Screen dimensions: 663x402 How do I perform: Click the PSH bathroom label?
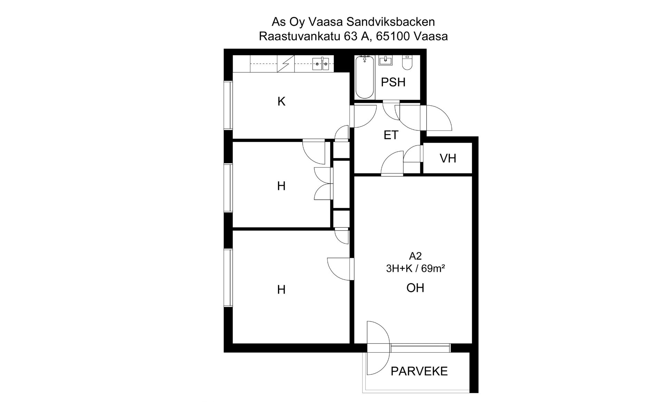(393, 82)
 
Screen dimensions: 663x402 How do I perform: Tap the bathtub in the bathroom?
(364, 77)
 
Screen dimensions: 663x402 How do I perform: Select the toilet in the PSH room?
(407, 63)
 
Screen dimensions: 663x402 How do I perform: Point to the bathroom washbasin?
(385, 61)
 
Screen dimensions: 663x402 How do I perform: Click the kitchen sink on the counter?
(321, 64)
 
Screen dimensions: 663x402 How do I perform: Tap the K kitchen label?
(281, 102)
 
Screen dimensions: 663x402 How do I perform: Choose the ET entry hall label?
(391, 135)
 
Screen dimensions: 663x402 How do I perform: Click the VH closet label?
(448, 158)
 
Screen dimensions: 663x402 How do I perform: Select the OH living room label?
(415, 288)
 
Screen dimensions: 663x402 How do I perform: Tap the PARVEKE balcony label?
(419, 371)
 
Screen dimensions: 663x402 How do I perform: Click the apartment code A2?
(415, 256)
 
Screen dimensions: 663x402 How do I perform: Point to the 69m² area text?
(433, 268)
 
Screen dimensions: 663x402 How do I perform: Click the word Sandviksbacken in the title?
(391, 22)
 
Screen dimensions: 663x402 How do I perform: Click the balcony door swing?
(378, 348)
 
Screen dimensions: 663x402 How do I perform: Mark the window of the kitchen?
(228, 105)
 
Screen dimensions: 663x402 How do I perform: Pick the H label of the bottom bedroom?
(281, 289)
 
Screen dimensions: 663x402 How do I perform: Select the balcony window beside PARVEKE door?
(421, 348)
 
